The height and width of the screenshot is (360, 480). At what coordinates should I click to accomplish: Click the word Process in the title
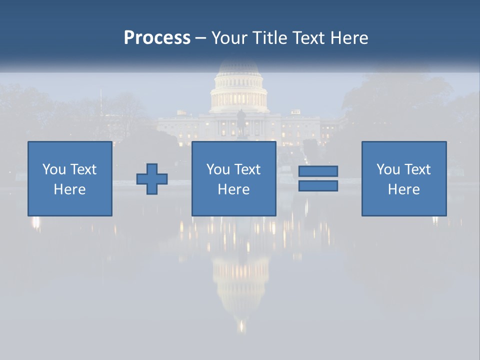(x=157, y=38)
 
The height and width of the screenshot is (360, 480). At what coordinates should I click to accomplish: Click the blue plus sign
(x=152, y=179)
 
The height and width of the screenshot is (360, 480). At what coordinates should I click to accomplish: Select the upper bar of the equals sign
(x=318, y=171)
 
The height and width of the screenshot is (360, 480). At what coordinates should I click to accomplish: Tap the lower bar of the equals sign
(x=318, y=186)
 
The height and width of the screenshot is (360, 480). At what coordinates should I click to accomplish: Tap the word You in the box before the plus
(x=54, y=169)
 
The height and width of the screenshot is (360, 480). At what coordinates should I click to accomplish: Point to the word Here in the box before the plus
(x=70, y=189)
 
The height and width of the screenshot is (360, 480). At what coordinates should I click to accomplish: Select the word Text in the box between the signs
(x=248, y=169)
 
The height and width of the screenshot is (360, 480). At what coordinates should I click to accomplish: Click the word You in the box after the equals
(x=388, y=169)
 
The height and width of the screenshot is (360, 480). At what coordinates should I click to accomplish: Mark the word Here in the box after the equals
(x=404, y=189)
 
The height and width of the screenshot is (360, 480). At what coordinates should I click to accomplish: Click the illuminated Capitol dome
(x=238, y=90)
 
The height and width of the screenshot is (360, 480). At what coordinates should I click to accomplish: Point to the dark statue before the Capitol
(x=241, y=123)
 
